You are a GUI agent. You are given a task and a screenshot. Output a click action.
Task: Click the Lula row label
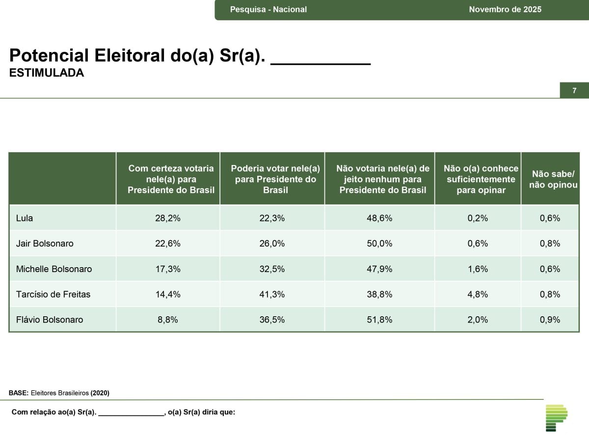pos(25,218)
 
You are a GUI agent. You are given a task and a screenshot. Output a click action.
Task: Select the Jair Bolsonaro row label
pos(45,244)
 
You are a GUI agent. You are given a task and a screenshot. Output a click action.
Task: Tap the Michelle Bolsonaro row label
pos(54,269)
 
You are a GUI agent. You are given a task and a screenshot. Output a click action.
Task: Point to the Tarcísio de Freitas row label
pos(53,294)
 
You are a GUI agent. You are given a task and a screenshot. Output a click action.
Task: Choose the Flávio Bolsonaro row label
pos(50,320)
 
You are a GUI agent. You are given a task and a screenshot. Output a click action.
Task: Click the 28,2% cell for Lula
pos(168,218)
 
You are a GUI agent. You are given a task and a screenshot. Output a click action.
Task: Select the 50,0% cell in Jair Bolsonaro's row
pos(379,244)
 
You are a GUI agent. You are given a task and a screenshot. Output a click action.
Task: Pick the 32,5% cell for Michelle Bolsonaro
pos(272,269)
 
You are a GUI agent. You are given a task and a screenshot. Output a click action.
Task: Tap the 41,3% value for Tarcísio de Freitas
pos(272,294)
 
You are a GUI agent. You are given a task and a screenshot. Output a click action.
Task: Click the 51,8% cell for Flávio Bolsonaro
pos(379,320)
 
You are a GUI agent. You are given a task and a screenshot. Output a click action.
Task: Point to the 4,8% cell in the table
pos(478,294)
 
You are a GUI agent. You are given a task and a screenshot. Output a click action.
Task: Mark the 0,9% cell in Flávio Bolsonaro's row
pos(550,320)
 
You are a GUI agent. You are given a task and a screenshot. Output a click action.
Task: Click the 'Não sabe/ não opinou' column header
pos(553,179)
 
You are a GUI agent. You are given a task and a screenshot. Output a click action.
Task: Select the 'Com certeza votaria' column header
pos(171,179)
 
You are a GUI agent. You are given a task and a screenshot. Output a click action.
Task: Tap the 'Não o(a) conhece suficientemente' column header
pos(481,179)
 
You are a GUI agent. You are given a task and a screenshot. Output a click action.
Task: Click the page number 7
pos(574,90)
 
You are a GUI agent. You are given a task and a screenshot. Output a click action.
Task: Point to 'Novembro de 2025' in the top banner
pos(505,9)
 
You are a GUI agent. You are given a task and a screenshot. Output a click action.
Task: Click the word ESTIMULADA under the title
pos(47,73)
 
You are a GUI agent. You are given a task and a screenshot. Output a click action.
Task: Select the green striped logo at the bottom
pos(557,418)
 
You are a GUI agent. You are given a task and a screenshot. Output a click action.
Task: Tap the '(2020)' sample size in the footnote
pos(100,393)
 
